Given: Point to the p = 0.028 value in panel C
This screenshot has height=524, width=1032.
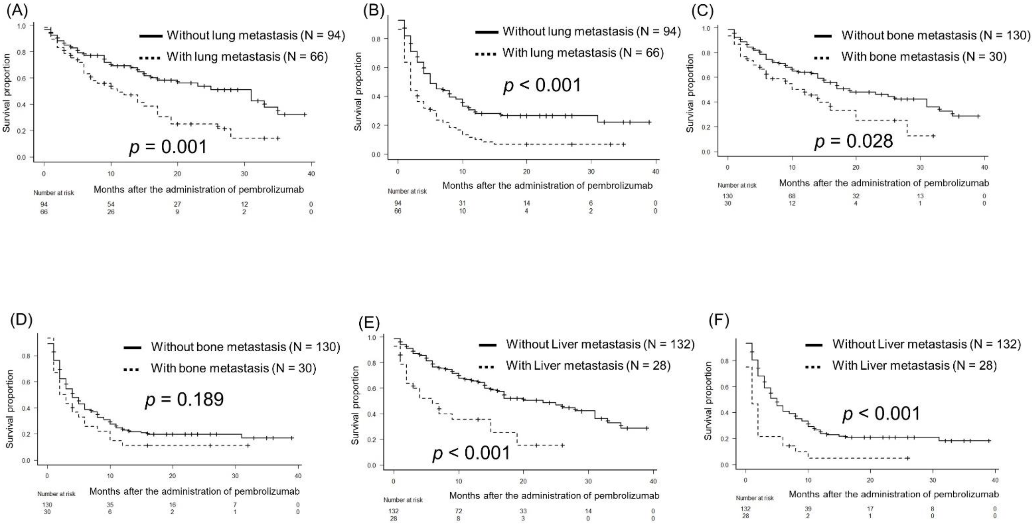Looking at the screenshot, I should click(854, 141).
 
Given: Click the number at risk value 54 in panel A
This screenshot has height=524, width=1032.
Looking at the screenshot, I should click(111, 204).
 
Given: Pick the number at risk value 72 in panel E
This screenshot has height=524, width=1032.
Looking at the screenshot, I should click(458, 511).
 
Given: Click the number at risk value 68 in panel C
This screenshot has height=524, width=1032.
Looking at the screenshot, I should click(792, 196).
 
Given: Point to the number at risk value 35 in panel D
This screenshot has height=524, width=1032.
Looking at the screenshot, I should click(110, 505).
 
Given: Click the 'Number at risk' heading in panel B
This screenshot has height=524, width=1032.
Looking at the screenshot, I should click(407, 191).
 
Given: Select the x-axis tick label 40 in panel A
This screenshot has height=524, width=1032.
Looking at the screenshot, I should click(311, 174).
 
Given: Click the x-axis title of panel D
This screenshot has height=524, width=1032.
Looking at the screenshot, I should click(194, 491).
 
